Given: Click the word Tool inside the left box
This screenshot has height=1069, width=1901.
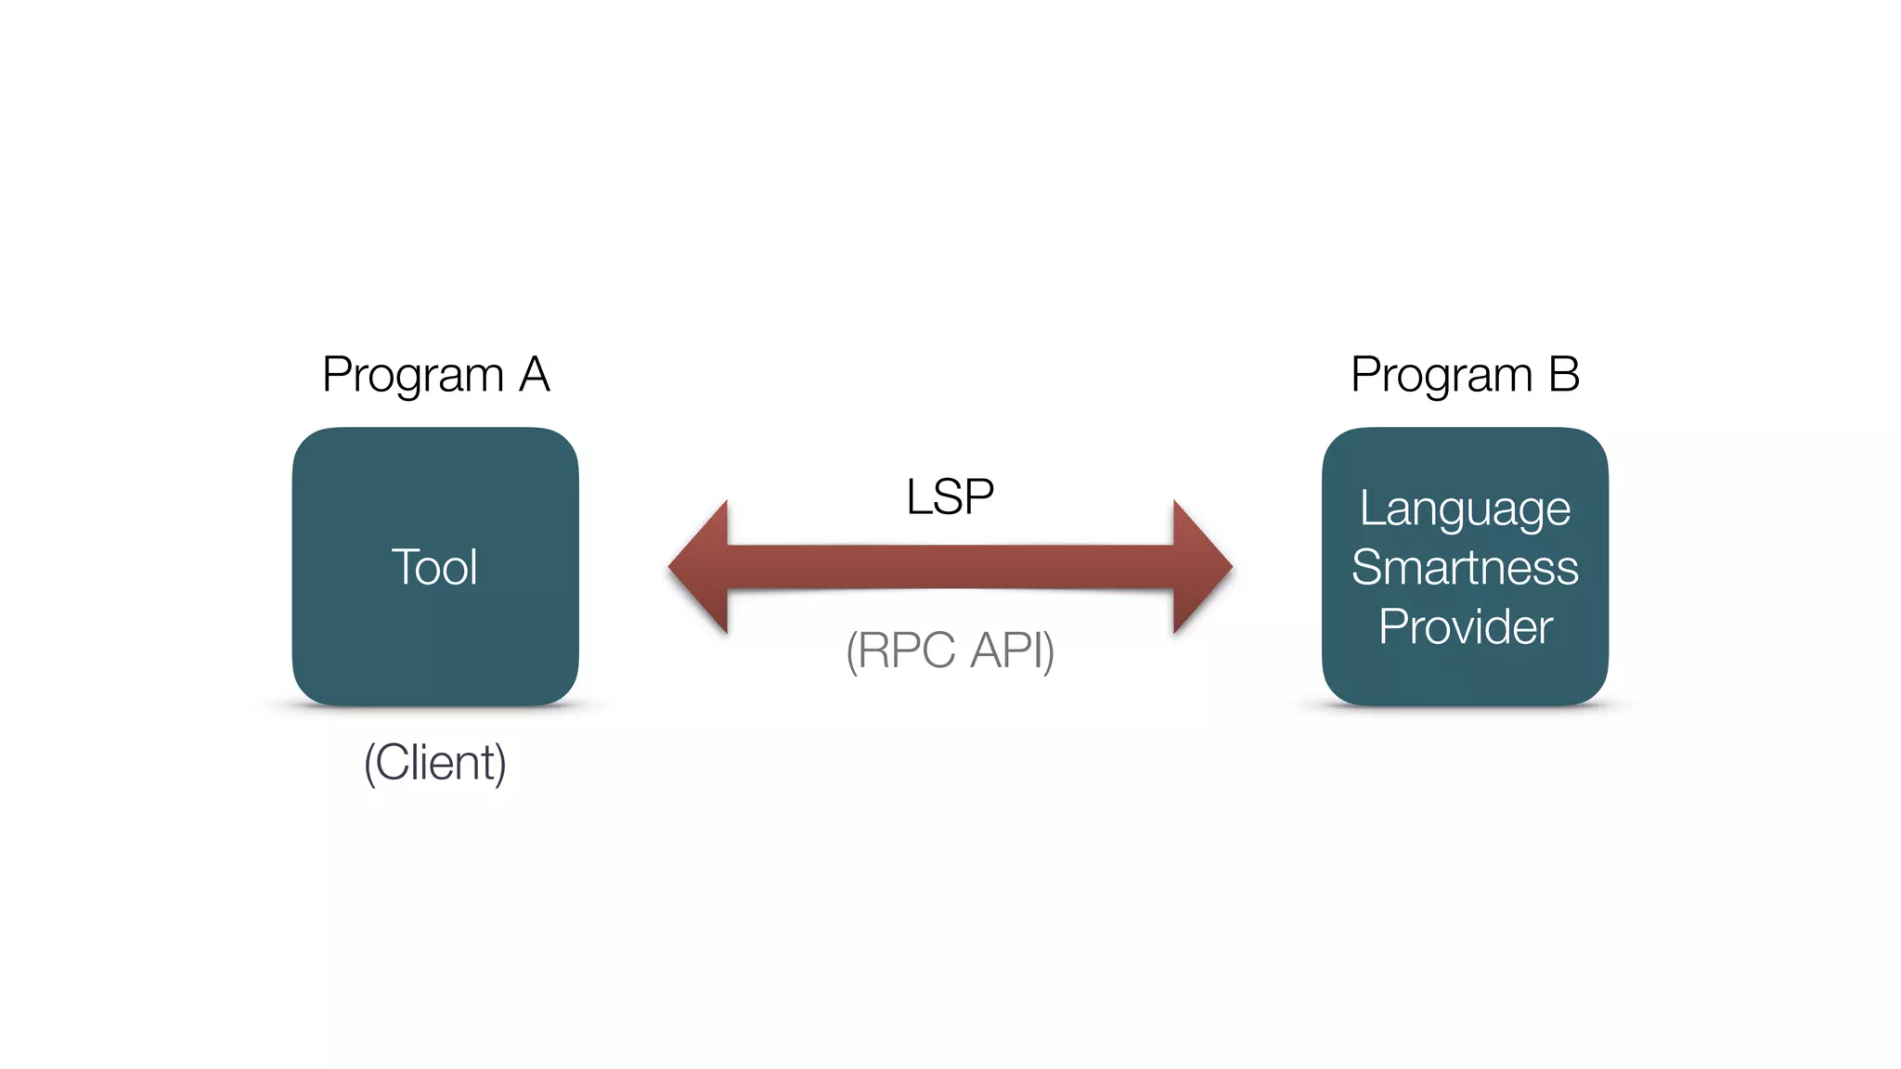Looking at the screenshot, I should point(434,567).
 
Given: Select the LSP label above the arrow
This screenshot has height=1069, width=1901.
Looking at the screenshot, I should point(950,496).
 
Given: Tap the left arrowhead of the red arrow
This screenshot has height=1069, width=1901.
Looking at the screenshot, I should point(701,567).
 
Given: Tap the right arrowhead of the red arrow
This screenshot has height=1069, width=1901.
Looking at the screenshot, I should point(1200,567).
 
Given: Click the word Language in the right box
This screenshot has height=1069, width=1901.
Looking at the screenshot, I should point(1465,509).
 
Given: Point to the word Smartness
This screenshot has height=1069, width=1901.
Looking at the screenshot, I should point(1465,568).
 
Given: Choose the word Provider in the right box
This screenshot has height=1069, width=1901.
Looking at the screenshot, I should point(1465,627).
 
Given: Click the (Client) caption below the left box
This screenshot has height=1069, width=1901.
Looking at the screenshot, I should point(434,763).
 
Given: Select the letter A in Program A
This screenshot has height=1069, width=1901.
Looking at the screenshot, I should point(535,375).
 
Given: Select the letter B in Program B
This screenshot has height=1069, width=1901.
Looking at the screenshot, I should point(1563,375).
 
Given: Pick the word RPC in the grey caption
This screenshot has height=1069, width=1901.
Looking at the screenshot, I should point(906,650).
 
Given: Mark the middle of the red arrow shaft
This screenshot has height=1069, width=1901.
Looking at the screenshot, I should point(950,567).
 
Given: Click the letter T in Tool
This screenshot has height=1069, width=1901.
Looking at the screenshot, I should point(405,567).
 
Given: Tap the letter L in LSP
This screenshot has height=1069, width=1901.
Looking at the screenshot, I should point(917,496).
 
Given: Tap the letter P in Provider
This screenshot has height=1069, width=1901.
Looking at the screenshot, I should point(1391,627).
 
